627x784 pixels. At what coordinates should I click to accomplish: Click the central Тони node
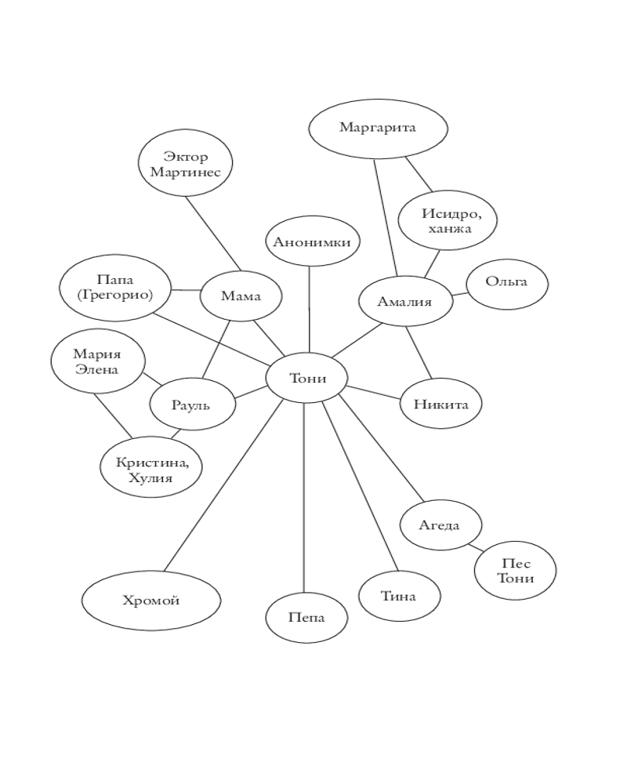[306, 379]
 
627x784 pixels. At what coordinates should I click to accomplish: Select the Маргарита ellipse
[378, 127]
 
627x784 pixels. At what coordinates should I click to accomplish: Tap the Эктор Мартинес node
[186, 164]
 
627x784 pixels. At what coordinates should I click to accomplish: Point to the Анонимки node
[312, 241]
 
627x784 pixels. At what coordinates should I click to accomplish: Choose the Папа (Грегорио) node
[115, 287]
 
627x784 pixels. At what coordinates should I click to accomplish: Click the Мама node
[241, 296]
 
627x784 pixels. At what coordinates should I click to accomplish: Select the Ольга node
[506, 282]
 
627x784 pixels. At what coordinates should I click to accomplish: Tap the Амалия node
[405, 301]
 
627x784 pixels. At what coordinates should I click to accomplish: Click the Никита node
[440, 405]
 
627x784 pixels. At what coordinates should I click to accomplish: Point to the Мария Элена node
[97, 361]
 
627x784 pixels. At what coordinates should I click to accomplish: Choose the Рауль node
[192, 406]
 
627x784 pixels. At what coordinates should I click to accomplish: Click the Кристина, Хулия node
[151, 469]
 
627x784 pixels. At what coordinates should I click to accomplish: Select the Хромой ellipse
[150, 601]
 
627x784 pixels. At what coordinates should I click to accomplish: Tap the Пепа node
[306, 618]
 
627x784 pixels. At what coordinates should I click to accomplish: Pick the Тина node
[399, 597]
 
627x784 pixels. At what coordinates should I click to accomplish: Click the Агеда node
[440, 525]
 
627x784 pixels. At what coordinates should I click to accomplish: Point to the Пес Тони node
[515, 571]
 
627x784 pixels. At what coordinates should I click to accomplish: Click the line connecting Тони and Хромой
[223, 486]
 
